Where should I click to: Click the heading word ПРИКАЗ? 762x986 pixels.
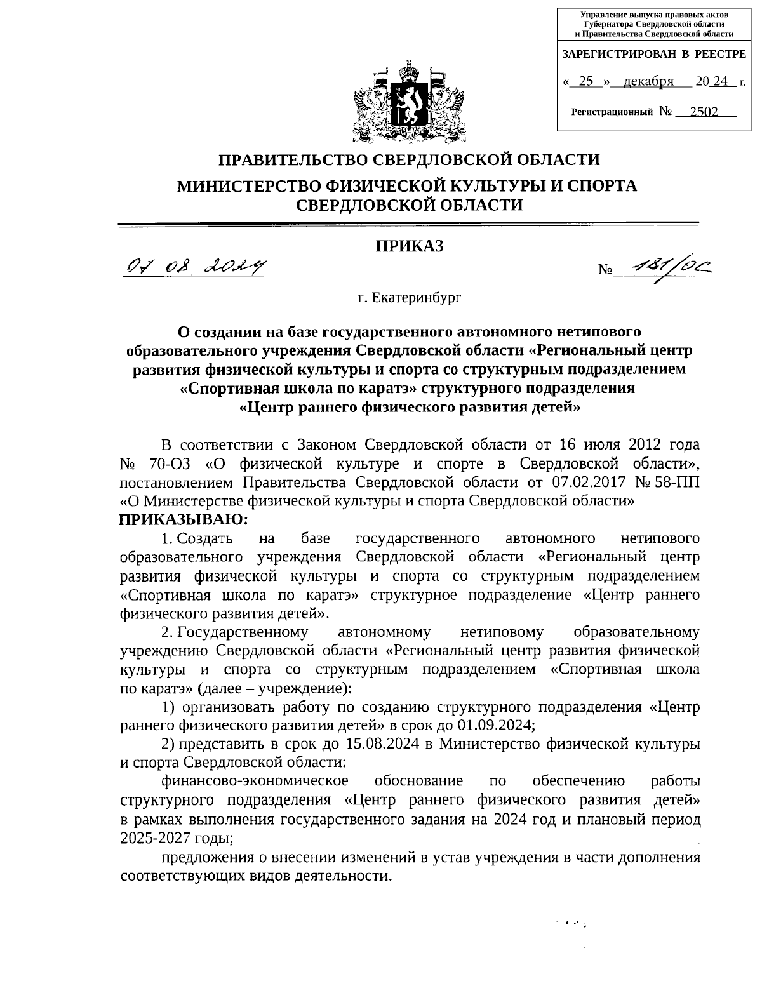coord(410,246)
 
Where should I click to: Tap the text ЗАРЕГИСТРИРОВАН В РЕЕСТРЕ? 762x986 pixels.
coord(654,55)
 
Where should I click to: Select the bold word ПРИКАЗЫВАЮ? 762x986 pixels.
coord(183,519)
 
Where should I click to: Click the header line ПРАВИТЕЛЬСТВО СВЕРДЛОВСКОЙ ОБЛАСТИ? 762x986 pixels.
coord(409,159)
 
